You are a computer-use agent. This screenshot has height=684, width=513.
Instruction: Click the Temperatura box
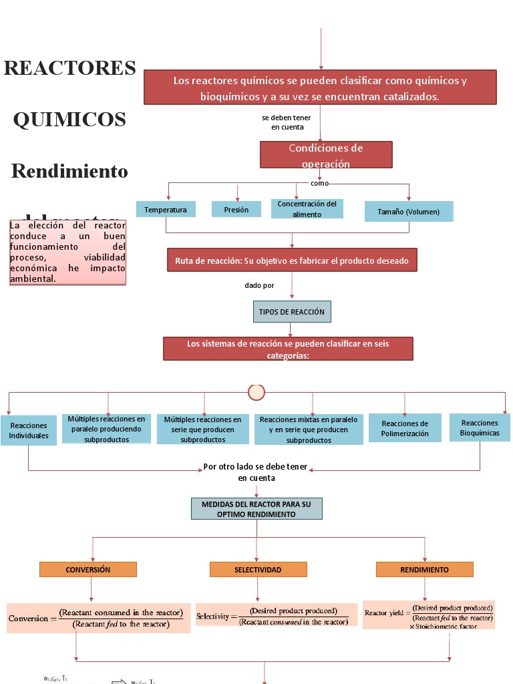(166, 210)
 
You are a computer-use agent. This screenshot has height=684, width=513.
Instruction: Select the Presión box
(236, 210)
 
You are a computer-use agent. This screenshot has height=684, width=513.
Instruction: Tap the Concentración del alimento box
(307, 209)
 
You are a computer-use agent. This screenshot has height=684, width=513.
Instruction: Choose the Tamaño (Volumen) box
(409, 212)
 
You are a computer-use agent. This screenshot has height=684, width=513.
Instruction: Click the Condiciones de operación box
(326, 155)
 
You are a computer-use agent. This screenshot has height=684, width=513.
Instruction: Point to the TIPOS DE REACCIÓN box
(291, 312)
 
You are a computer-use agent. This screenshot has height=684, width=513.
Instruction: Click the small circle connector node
(256, 392)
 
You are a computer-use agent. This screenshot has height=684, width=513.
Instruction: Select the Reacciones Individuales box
(29, 431)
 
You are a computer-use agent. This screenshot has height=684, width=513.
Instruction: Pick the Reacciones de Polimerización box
(405, 428)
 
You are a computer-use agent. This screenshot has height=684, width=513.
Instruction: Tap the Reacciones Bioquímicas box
(480, 427)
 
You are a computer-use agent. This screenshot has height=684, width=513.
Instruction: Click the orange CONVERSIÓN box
(88, 570)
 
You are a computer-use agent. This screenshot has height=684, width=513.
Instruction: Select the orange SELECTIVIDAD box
(258, 570)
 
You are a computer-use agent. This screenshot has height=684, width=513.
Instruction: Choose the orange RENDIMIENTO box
(424, 570)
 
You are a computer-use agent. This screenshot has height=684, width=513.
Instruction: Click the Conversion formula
(98, 619)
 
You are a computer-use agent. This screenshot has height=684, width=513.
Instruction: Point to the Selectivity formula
(277, 616)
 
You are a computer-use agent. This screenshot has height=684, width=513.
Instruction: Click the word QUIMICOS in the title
(69, 120)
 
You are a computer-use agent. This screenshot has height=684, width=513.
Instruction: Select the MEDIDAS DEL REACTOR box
(257, 509)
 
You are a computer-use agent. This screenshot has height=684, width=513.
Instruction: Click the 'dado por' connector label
(259, 285)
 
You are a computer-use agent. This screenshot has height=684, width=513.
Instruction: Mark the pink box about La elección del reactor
(68, 252)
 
